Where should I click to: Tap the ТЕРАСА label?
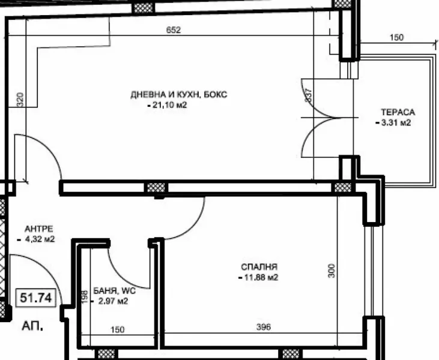(398, 112)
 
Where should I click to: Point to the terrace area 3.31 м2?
(395, 123)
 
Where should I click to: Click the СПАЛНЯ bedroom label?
(259, 267)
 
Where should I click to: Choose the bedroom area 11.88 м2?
(259, 277)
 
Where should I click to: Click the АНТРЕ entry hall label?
(39, 229)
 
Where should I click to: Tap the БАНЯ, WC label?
(115, 290)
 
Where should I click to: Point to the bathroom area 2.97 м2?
(112, 301)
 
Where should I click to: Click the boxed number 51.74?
(37, 297)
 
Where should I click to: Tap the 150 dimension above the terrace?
(396, 38)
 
